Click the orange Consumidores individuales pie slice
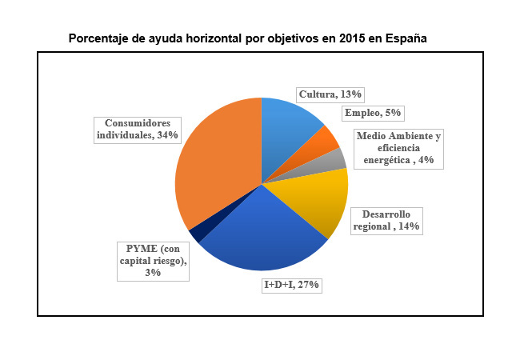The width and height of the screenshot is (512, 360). (x=216, y=172)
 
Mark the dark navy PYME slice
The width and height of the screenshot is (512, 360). (x=196, y=234)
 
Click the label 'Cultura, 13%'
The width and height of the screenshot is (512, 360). (x=330, y=94)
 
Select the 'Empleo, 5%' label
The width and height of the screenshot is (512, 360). (x=372, y=113)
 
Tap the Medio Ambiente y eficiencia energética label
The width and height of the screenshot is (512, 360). (x=398, y=148)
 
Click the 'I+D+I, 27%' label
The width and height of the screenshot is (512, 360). (x=292, y=285)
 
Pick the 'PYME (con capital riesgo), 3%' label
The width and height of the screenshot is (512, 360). (x=154, y=260)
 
